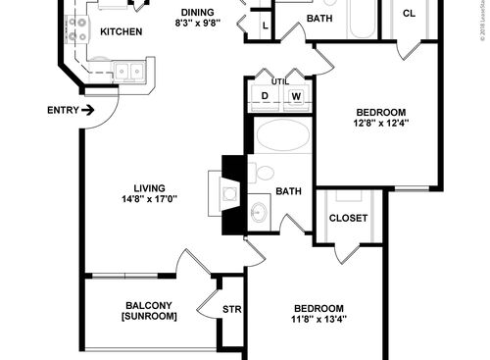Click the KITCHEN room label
point(122,31)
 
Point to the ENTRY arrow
point(89,109)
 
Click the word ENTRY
point(63,109)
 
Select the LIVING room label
point(149,188)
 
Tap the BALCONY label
point(149,304)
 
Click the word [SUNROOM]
point(149,317)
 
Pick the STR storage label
point(231,310)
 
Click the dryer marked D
point(265,96)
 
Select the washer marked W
point(295,96)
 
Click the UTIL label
point(279,81)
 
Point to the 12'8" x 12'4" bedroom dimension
point(380,124)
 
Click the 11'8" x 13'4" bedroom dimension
point(319,318)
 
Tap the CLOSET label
point(348,217)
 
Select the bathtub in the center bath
point(281,136)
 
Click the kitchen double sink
point(129,72)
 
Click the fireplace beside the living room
point(223,194)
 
